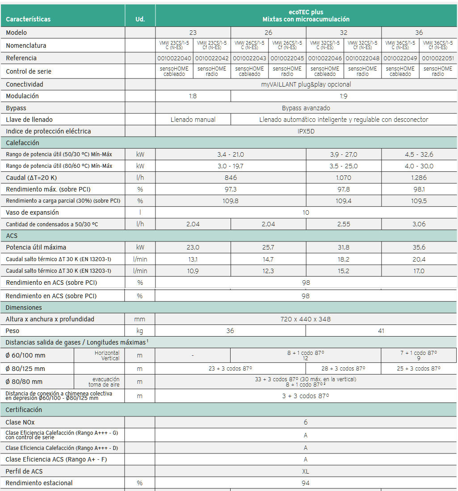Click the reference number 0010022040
(x=174, y=58)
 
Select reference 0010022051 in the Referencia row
(x=438, y=58)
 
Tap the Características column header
(x=28, y=19)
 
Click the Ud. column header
(x=140, y=19)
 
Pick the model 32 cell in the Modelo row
(x=344, y=33)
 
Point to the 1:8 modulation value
(x=193, y=96)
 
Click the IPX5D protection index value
(x=306, y=131)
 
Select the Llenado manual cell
(x=193, y=120)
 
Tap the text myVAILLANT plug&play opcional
(x=306, y=84)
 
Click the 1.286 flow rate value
(x=419, y=178)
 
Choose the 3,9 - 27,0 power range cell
(x=344, y=154)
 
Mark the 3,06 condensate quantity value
(x=419, y=224)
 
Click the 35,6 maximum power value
(x=419, y=247)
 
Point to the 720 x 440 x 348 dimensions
(x=306, y=319)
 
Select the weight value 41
(x=381, y=331)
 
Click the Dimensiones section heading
(x=24, y=308)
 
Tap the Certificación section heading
(x=24, y=410)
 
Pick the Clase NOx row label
(x=20, y=422)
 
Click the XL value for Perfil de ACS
(x=306, y=471)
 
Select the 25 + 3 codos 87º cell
(x=419, y=369)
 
